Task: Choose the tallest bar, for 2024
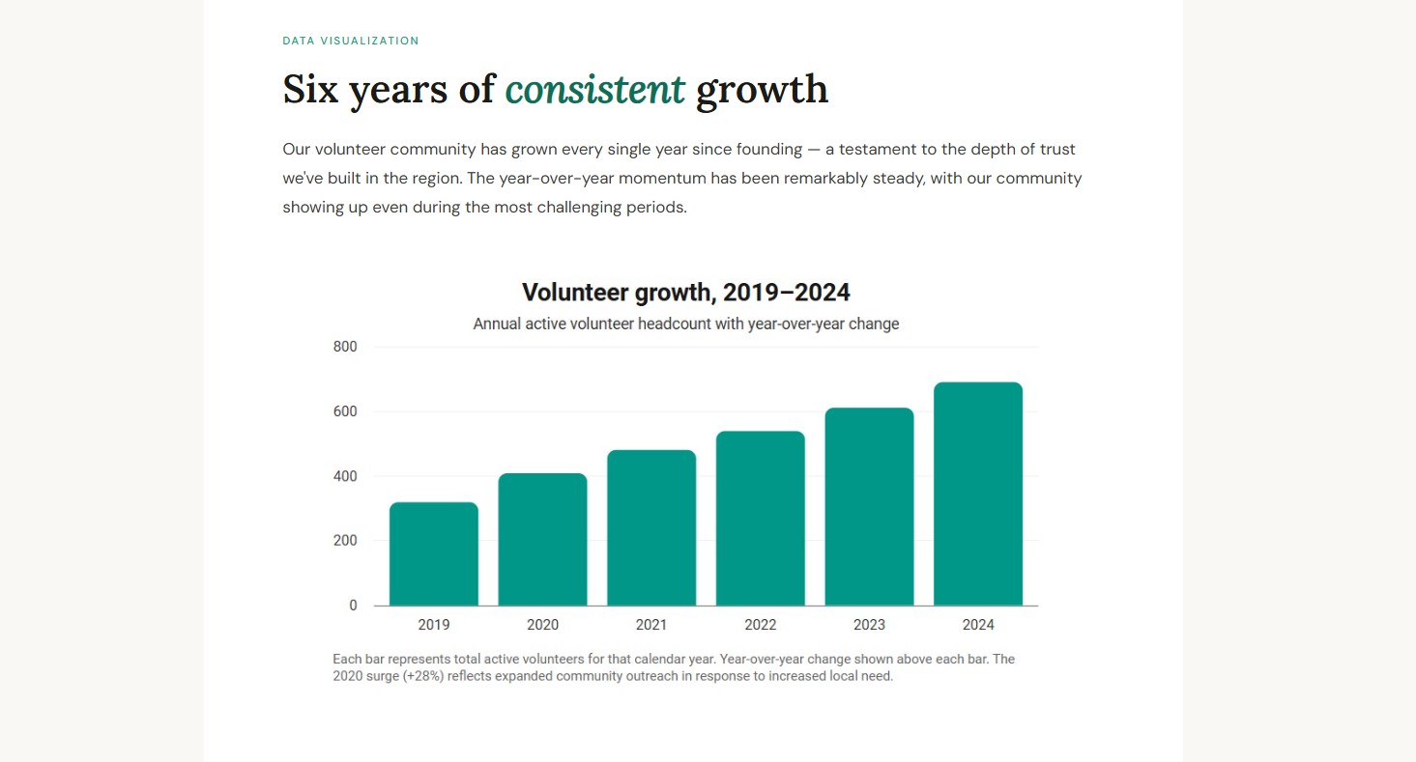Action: point(978,494)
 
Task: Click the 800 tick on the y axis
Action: point(345,347)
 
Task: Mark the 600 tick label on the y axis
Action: point(345,411)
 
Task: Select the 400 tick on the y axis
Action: point(345,476)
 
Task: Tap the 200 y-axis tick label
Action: point(345,541)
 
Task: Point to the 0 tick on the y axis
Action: point(353,606)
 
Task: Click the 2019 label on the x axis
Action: point(434,625)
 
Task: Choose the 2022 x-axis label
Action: point(761,625)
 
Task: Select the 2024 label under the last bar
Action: point(978,625)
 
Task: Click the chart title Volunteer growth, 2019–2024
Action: point(686,293)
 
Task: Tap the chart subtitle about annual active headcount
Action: point(686,324)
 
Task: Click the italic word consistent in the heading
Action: point(594,90)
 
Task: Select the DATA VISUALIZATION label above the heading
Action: point(351,41)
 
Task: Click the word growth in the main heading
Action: point(762,90)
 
